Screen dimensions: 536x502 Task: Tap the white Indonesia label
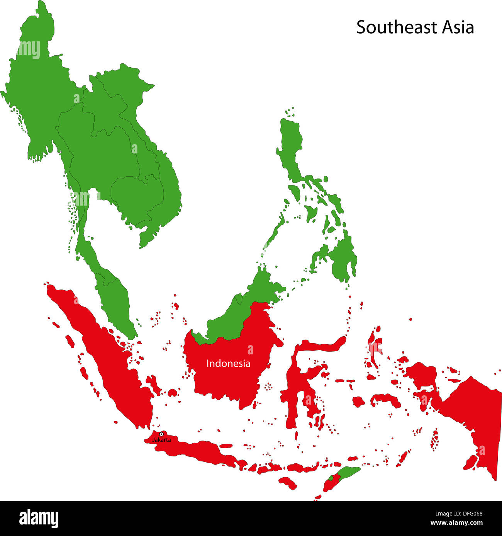pyautogui.click(x=228, y=363)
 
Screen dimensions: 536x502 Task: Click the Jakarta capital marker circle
pyautogui.click(x=161, y=434)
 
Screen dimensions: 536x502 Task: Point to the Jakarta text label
pyautogui.click(x=161, y=440)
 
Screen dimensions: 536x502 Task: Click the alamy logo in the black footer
pyautogui.click(x=39, y=518)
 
